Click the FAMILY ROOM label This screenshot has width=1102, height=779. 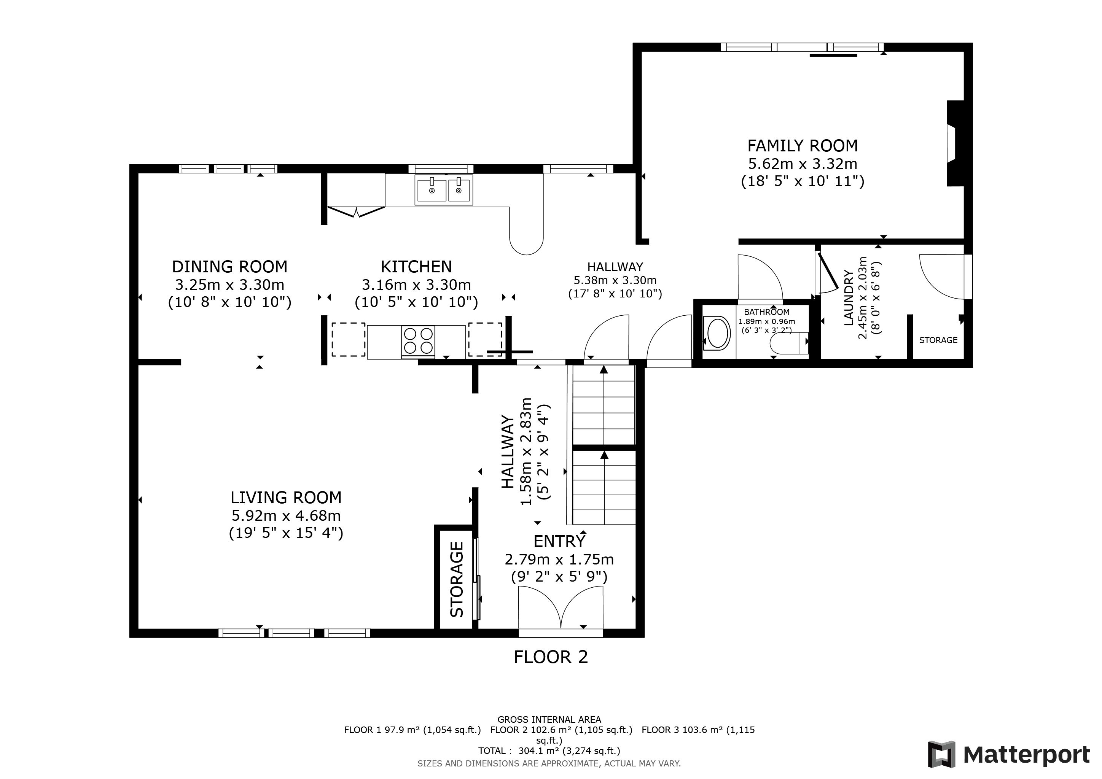(x=803, y=145)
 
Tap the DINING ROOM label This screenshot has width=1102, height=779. (x=229, y=266)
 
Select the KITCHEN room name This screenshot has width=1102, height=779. (x=416, y=266)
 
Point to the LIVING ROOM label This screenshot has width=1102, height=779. (x=286, y=498)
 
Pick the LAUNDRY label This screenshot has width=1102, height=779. (x=849, y=298)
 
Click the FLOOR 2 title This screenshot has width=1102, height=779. (x=551, y=657)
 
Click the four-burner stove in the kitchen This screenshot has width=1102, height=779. (x=418, y=342)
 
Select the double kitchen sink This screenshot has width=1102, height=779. (x=444, y=190)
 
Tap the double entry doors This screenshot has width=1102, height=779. (x=561, y=608)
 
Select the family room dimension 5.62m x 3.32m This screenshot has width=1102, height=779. (x=803, y=164)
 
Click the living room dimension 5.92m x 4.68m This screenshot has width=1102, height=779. (x=286, y=516)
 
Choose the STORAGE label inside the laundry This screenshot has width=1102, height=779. (x=938, y=340)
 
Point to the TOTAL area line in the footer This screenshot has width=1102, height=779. (x=549, y=751)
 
